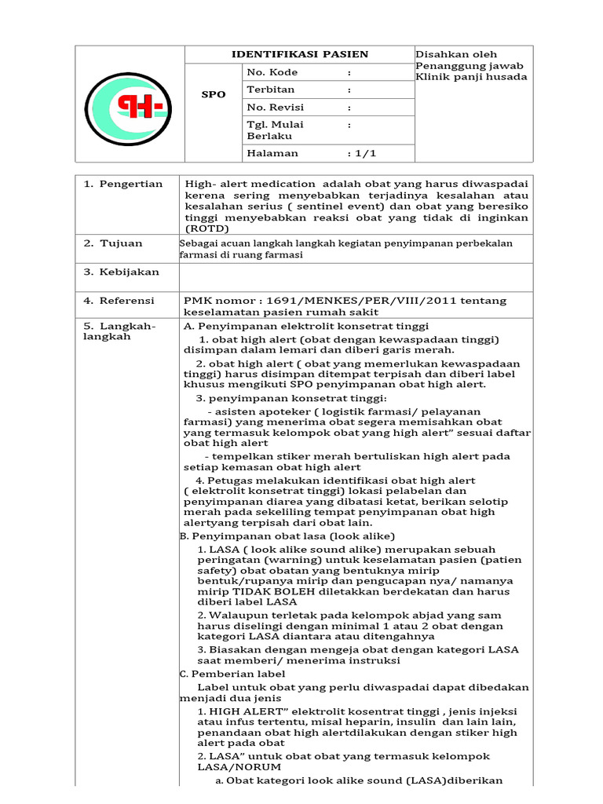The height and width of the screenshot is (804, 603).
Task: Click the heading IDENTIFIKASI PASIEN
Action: [298, 54]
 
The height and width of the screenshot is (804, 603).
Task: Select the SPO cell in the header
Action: [213, 94]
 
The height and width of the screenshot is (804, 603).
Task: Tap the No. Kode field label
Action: [272, 72]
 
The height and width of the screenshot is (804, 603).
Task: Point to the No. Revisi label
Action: [276, 107]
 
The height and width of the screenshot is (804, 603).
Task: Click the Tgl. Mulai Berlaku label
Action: [275, 130]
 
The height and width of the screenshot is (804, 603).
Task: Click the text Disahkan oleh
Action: [451, 53]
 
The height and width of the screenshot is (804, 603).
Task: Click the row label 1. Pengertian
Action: [123, 184]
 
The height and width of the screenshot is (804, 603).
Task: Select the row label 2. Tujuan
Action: [114, 243]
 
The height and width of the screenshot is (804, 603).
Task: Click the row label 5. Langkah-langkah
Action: [120, 331]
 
